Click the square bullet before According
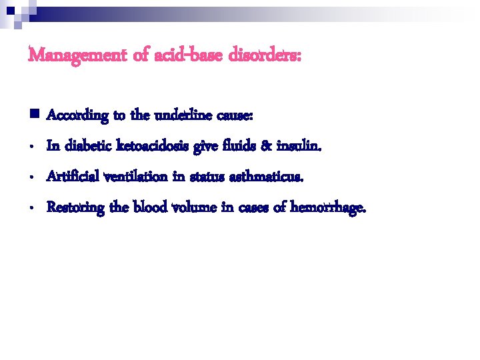[x=33, y=115]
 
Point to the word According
[x=77, y=116]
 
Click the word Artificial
[x=72, y=177]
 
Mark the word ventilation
[x=138, y=177]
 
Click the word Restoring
[x=75, y=208]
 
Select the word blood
[x=150, y=208]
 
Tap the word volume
[x=194, y=208]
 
